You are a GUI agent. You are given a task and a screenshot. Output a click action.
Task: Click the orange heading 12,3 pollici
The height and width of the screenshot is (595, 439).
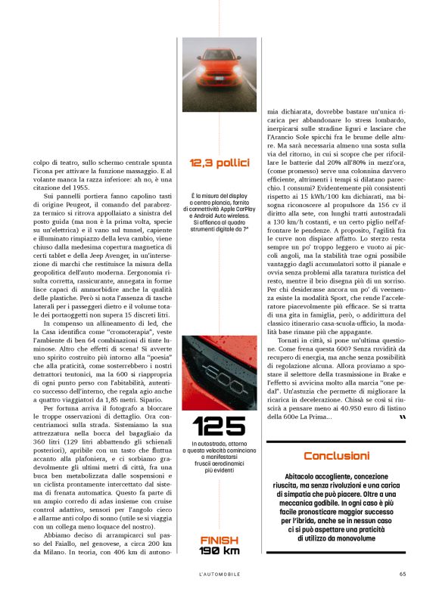click(x=219, y=163)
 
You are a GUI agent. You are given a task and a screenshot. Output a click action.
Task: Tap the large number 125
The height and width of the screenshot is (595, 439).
click(x=219, y=426)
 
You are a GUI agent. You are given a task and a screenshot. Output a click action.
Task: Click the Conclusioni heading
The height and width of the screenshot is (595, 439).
click(x=336, y=456)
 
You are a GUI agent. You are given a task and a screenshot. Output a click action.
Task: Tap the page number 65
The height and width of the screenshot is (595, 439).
click(x=403, y=572)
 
